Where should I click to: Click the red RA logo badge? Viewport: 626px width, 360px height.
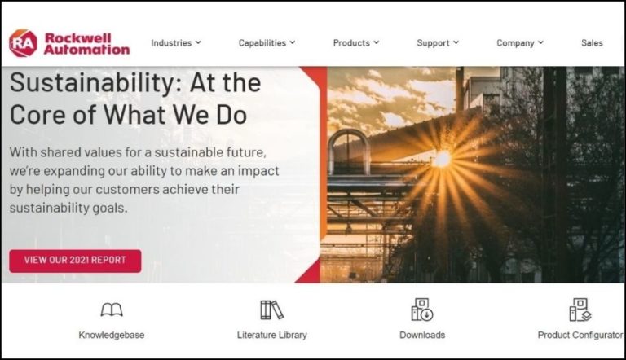pyautogui.click(x=23, y=43)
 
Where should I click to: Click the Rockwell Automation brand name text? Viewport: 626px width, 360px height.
pyautogui.click(x=86, y=43)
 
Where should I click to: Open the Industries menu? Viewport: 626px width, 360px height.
pyautogui.click(x=175, y=43)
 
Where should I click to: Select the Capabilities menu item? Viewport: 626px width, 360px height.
pyautogui.click(x=267, y=43)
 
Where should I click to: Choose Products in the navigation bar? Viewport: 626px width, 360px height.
pyautogui.click(x=355, y=43)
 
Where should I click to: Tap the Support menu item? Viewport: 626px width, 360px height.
pyautogui.click(x=438, y=43)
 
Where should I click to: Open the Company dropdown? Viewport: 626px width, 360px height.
pyautogui.click(x=520, y=43)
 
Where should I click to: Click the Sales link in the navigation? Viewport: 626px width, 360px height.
pyautogui.click(x=592, y=43)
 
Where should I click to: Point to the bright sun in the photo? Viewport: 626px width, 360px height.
pyautogui.click(x=441, y=159)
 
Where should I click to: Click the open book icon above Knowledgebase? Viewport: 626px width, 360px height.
pyautogui.click(x=112, y=310)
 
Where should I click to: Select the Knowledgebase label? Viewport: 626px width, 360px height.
pyautogui.click(x=112, y=335)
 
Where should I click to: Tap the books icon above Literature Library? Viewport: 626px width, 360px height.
pyautogui.click(x=271, y=310)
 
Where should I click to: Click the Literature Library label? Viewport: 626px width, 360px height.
pyautogui.click(x=271, y=335)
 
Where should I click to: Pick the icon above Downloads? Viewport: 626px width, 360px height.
pyautogui.click(x=422, y=310)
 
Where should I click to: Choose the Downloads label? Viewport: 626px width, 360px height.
pyautogui.click(x=422, y=335)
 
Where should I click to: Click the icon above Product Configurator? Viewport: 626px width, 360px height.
pyautogui.click(x=580, y=310)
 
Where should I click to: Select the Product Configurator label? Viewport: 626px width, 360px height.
pyautogui.click(x=580, y=335)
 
